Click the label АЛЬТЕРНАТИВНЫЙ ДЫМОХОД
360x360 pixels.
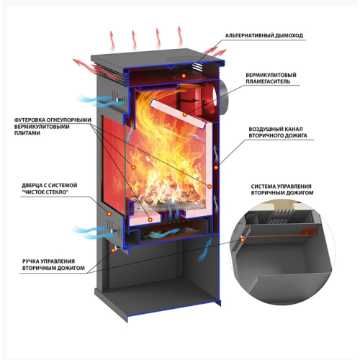point(264,35)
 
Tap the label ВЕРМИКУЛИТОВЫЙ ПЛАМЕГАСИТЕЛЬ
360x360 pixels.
point(271,78)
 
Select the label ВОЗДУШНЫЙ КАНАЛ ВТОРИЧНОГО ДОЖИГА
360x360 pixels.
point(278,132)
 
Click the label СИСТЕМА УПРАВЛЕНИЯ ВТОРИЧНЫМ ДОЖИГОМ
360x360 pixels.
point(282,189)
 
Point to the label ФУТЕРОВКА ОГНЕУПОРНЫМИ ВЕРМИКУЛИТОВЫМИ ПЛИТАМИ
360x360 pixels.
point(53,126)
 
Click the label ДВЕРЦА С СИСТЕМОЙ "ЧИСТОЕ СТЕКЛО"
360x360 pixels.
point(50,189)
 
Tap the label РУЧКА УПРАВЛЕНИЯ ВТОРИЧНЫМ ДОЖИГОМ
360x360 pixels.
point(53,264)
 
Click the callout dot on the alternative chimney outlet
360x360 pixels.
point(184,76)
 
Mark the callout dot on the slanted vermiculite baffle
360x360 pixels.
point(184,114)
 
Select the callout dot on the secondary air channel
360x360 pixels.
point(216,167)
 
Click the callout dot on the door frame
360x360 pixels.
point(109,214)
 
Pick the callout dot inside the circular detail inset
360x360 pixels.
point(243,240)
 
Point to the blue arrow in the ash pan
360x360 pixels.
point(166,233)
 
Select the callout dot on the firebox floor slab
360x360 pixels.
point(150,220)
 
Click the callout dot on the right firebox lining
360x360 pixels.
point(210,186)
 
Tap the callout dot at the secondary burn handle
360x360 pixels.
point(113,250)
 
